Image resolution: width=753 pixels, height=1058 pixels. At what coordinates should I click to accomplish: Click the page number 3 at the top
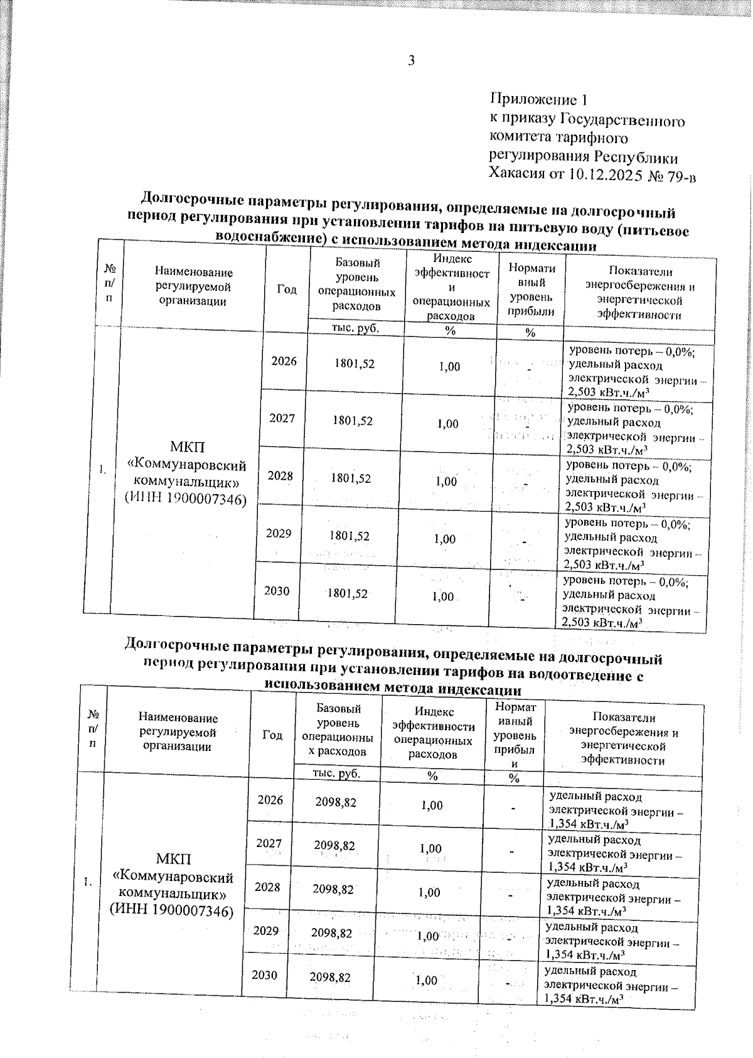pos(411,61)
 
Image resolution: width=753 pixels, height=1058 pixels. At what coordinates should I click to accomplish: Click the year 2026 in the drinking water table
pos(284,361)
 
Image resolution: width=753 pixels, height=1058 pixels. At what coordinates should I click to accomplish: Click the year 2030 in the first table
pos(277,591)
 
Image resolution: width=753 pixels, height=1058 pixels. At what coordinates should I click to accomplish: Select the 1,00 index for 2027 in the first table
pos(448,424)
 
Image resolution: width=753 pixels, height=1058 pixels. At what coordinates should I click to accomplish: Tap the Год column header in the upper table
pos(287,289)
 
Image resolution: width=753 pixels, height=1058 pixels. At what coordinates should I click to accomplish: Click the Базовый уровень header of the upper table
pos(357,284)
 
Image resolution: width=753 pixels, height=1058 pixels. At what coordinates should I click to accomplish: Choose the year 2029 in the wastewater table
pos(266,931)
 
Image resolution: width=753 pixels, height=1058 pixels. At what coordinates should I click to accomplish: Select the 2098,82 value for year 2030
pos(330,978)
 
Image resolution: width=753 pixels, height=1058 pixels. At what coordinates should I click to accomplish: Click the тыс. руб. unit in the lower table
pos(337,774)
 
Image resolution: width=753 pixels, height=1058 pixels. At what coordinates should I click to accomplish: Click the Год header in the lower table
pos(272,735)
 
